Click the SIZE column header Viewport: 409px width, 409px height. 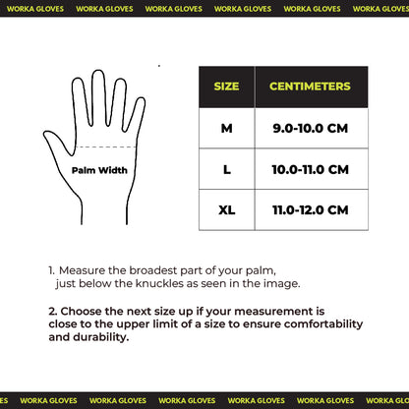226,87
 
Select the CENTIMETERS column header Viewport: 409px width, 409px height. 311,87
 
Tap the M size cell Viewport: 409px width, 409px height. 226,128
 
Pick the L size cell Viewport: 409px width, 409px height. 226,169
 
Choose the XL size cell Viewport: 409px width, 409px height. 226,209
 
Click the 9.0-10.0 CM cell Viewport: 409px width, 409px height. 311,128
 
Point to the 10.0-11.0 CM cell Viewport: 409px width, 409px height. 311,169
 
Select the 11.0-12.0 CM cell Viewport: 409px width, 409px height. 311,209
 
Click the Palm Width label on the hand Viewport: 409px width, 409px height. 99,170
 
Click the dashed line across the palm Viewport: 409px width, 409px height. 98,148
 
